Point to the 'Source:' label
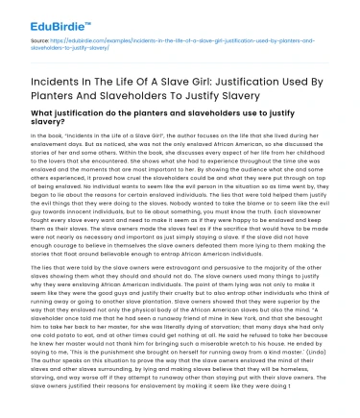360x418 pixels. click(x=40, y=43)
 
